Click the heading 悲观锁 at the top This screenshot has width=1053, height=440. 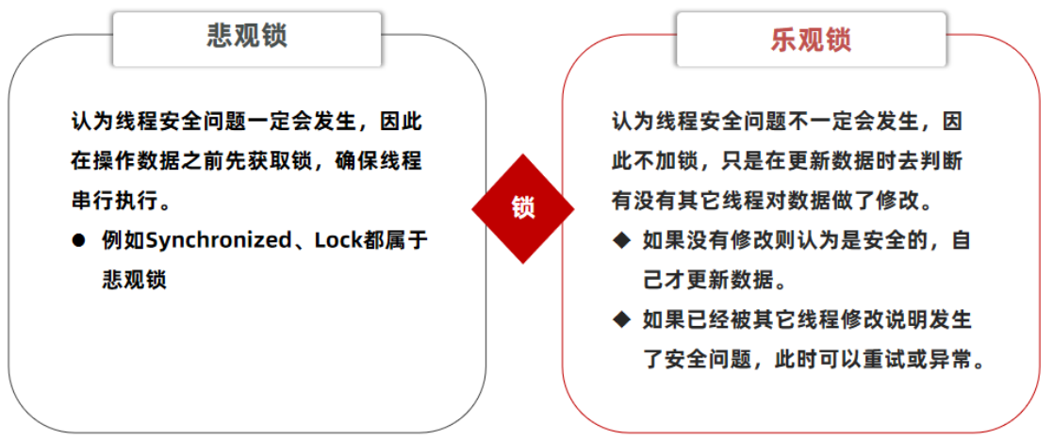coord(247,37)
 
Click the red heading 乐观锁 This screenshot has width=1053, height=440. coord(810,40)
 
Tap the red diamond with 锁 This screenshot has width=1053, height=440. coord(523,207)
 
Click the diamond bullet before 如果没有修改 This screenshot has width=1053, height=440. coord(620,240)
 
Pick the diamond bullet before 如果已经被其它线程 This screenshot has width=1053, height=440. coord(620,320)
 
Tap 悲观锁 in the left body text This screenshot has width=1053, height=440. coord(134,280)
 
